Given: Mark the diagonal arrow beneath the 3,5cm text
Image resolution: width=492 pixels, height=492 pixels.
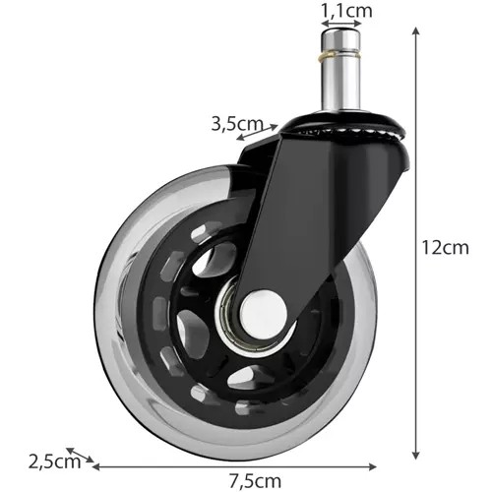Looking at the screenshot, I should [259, 138].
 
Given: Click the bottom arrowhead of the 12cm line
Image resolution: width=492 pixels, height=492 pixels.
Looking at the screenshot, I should [417, 456].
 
